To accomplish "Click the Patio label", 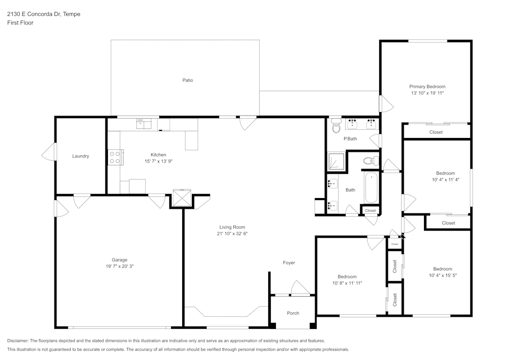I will pos(188,80).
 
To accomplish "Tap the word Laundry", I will pos(80,156).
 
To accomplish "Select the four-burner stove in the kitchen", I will pos(114,157).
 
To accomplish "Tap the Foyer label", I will pos(289,263).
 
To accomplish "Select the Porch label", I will pos(293,313).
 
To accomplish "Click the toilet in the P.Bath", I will pos(335,126).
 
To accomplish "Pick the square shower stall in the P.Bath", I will pos(336,161).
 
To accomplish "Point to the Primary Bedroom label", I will pos(427,87).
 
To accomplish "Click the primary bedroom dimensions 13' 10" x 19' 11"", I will pos(427,93).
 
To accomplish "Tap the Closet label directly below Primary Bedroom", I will pos(436,132).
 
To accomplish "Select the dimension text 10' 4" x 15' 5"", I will pos(442,275).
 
